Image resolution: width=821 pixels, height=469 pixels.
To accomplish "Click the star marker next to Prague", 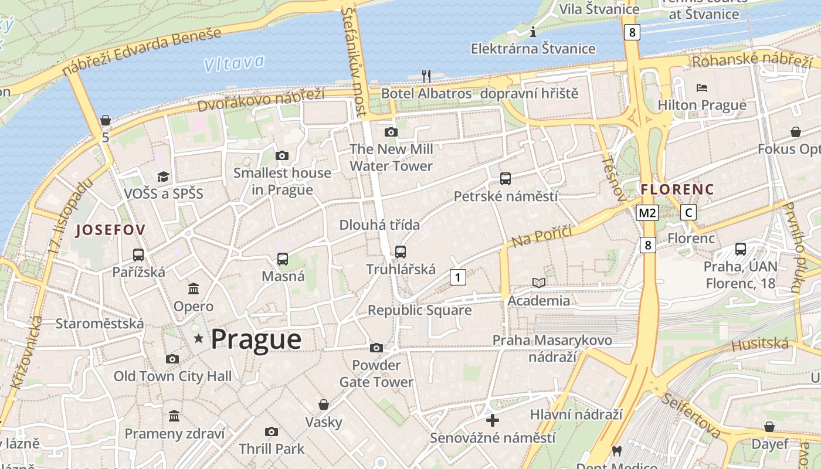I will coord(199,338).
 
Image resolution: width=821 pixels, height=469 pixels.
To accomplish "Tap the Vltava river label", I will coord(235,63).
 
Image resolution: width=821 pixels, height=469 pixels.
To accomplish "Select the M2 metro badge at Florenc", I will coord(648,213).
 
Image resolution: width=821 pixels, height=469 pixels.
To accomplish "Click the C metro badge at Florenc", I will coord(688,213).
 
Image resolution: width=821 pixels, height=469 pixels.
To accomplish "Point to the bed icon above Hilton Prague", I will coord(702,88).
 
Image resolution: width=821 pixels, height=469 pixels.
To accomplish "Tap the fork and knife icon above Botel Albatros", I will coord(426,76).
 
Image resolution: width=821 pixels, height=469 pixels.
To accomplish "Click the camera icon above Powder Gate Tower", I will coord(376,348).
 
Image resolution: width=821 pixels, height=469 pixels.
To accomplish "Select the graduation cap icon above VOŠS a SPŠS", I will coord(163,176).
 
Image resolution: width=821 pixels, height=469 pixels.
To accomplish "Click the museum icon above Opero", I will coord(194,288).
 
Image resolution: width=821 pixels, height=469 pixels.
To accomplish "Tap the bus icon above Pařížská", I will coord(138,255).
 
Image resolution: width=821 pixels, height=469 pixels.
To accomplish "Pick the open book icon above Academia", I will coord(539,283).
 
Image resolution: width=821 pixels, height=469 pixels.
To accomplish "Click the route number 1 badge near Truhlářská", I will coord(458,277).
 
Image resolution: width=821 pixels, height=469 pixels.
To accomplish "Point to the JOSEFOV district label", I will coord(111,230).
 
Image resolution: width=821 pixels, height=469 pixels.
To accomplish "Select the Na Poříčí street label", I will coord(541,236).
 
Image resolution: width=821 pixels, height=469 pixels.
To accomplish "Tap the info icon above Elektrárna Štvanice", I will coord(533,31).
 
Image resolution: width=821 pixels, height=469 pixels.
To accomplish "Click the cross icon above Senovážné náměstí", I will coord(493,420).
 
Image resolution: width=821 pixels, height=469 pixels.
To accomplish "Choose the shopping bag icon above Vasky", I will coord(323,405).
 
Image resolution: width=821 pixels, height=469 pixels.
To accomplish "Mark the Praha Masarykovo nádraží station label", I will coord(552,348).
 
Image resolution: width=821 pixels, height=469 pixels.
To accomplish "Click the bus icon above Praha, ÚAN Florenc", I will coord(741,249).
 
